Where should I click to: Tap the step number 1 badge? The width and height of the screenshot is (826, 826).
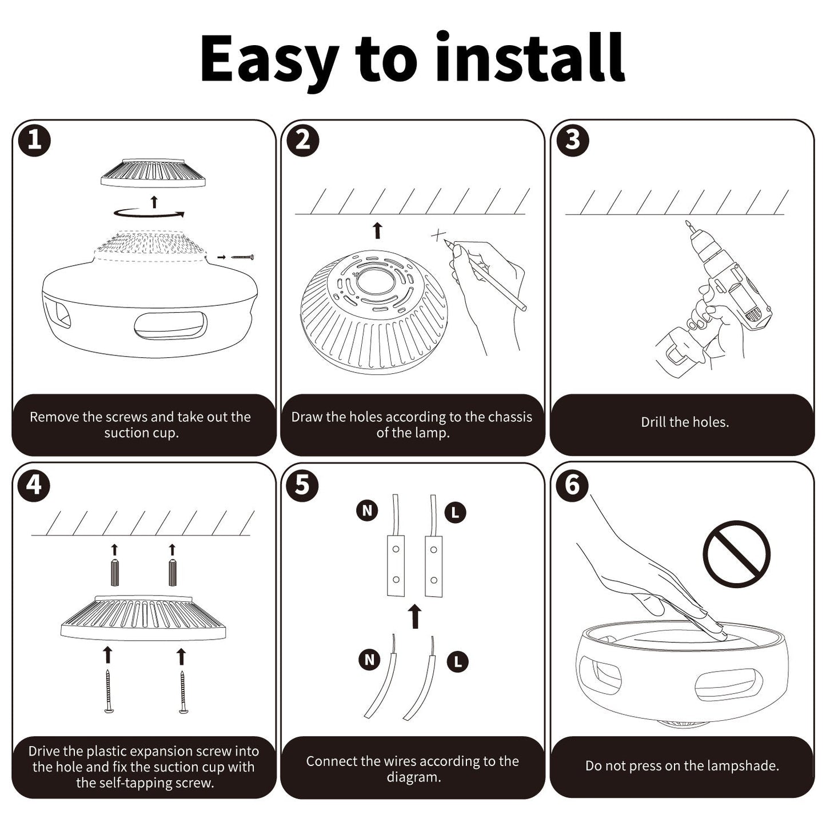(x=34, y=140)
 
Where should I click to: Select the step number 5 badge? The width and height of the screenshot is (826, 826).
(x=302, y=486)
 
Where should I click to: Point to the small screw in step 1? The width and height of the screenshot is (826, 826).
(x=242, y=257)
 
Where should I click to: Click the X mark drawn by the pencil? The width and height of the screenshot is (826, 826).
(x=438, y=236)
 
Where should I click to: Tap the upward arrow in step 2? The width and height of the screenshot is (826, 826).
(x=377, y=231)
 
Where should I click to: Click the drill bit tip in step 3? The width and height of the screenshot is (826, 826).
(x=688, y=224)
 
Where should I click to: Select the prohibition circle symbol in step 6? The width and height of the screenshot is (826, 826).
(x=736, y=554)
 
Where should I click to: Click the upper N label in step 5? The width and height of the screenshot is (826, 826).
(x=367, y=510)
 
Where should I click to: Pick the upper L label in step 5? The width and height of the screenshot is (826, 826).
(x=455, y=513)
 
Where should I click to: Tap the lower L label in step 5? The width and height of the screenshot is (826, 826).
(x=457, y=662)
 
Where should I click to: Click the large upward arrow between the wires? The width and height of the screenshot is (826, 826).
(x=416, y=617)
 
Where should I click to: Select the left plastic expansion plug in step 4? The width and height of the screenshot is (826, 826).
(x=115, y=573)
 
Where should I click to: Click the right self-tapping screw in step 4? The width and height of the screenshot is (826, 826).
(x=183, y=692)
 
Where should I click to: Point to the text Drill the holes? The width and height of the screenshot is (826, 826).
(x=684, y=422)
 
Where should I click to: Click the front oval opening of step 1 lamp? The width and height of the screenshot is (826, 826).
(x=170, y=326)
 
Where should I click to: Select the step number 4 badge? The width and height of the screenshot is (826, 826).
(x=34, y=486)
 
